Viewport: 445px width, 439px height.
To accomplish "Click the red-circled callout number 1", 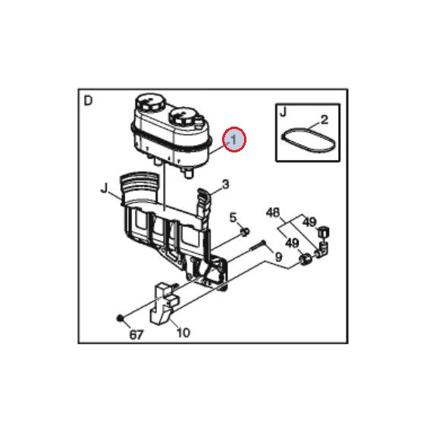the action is (x=233, y=140).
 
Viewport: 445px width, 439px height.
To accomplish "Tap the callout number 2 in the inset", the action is (x=324, y=120).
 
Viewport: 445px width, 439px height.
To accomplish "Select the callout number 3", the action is (x=225, y=185).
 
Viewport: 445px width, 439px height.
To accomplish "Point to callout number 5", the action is (x=233, y=218).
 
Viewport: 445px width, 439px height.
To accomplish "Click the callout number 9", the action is (x=279, y=257).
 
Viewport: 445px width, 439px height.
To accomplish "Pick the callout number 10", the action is (x=183, y=333).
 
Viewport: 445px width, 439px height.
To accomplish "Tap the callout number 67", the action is (x=136, y=335).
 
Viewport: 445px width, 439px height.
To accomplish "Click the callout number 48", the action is (x=273, y=212).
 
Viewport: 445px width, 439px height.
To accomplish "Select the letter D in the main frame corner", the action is (x=88, y=101).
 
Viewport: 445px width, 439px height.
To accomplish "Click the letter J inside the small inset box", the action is (x=284, y=111).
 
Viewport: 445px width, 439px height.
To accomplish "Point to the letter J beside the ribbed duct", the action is (x=105, y=188).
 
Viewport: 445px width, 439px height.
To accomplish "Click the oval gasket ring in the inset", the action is (x=309, y=139).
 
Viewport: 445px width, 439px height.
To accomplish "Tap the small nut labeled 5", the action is (x=245, y=232).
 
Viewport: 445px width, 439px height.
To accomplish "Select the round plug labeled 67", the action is (x=120, y=318).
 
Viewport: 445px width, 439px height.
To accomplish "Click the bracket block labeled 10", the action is (x=164, y=303).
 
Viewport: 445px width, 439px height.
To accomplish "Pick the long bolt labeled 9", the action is (x=259, y=246).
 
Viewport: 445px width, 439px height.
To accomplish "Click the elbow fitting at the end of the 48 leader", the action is (x=322, y=249).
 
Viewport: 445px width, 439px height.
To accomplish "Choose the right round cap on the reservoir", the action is (x=183, y=116).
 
